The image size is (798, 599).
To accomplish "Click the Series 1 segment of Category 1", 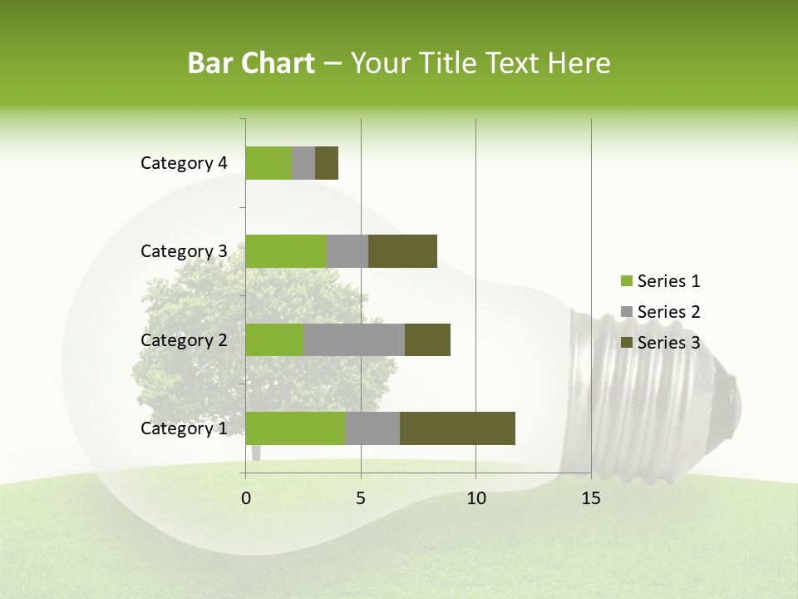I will click(x=295, y=428).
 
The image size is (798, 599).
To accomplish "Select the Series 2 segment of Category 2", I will click(x=354, y=339).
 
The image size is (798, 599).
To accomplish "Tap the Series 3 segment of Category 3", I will click(x=402, y=251).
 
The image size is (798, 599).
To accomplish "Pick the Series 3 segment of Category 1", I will click(x=457, y=428).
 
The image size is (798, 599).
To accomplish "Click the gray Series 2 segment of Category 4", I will click(x=303, y=163).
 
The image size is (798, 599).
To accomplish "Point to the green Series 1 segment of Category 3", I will click(x=286, y=251).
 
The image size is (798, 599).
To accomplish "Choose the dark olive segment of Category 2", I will click(x=427, y=339).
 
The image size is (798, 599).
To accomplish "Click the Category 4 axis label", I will click(x=184, y=163).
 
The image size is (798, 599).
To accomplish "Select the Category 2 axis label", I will click(x=184, y=339).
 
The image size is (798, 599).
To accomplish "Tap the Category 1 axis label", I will click(x=184, y=428).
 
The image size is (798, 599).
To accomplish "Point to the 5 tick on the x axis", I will click(x=361, y=498).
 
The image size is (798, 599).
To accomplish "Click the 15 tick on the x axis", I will click(x=591, y=498).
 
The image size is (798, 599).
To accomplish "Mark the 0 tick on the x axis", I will click(x=246, y=498).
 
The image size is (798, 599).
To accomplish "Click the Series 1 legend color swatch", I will click(x=626, y=281).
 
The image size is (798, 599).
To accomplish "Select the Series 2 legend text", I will click(x=668, y=312).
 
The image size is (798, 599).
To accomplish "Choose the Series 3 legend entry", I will click(x=660, y=343).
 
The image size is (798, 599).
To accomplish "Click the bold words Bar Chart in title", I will click(x=251, y=63).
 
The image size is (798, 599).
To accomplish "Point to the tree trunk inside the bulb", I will click(x=256, y=452).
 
